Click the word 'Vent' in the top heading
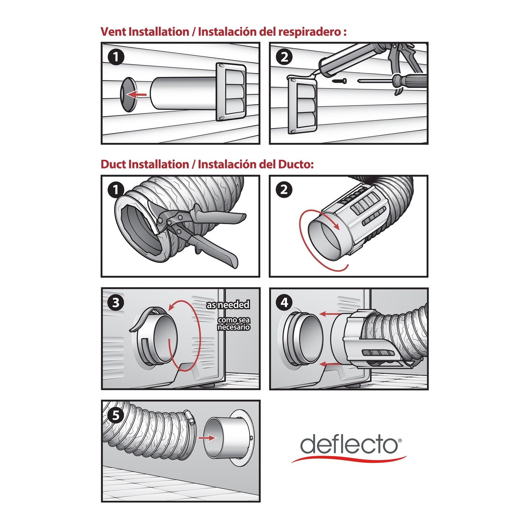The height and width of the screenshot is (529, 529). coord(113,32)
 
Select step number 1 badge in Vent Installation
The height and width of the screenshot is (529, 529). coord(116,57)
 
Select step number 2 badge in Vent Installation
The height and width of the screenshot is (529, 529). coord(284,57)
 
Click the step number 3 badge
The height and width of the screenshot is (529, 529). coord(116,303)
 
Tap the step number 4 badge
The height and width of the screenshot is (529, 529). coord(284,303)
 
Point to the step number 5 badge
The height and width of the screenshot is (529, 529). coord(116,415)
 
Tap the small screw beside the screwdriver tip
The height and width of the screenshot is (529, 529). coord(340,81)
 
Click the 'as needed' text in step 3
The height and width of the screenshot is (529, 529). coord(228,305)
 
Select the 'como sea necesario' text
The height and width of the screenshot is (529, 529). coord(233,324)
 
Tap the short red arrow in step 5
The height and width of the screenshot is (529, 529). coord(207,438)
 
